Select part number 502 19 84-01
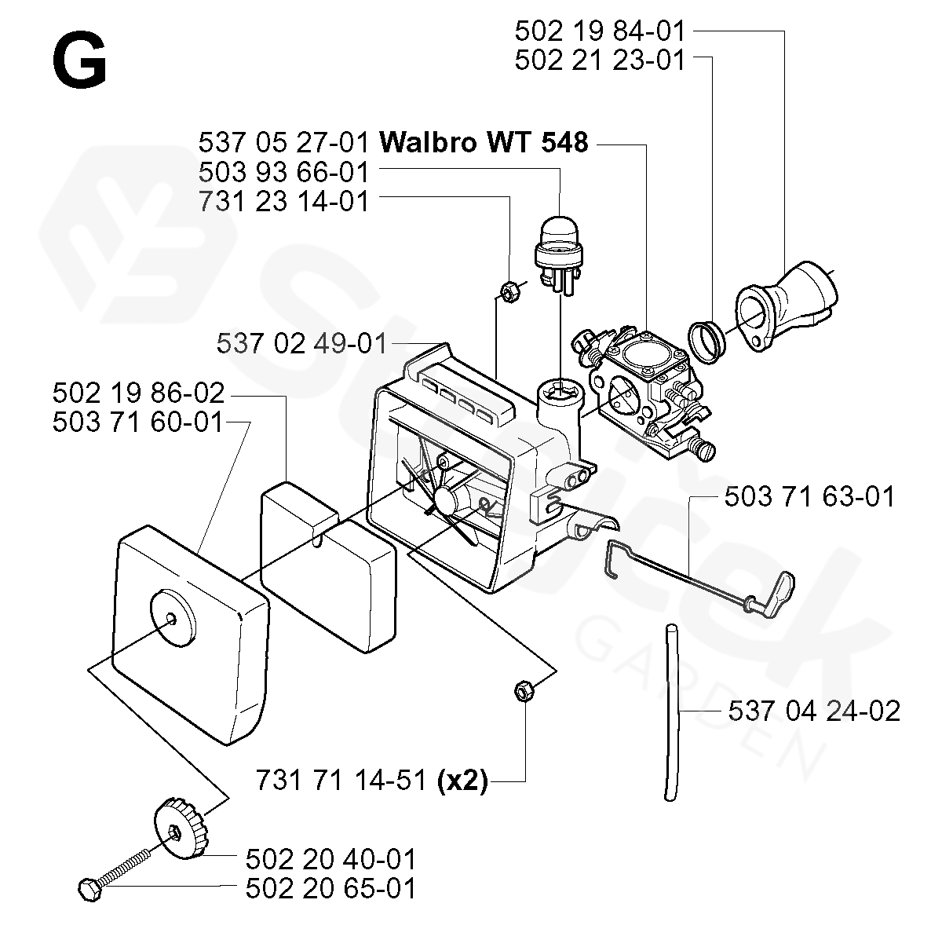[x=600, y=31]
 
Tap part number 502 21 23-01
[x=600, y=60]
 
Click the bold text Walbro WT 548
[x=483, y=143]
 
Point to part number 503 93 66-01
[x=283, y=171]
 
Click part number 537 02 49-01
[x=301, y=343]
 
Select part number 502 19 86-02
[x=139, y=393]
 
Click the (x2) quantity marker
[x=462, y=781]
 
